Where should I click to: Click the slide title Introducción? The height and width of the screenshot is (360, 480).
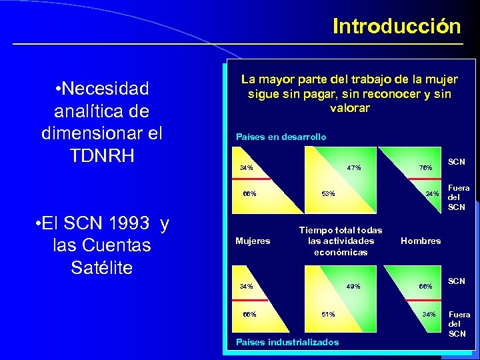coord(397,26)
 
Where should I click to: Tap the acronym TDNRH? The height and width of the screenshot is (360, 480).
coord(101,155)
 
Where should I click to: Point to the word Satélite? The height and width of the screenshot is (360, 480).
coord(101,267)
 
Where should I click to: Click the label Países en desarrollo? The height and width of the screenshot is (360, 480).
coord(281,137)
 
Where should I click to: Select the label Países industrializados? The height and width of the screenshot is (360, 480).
coord(287,342)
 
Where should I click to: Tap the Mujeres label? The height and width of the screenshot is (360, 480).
coord(253,241)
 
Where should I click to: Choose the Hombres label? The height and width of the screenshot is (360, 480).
coord(421,241)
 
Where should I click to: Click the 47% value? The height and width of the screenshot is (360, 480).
coord(353,167)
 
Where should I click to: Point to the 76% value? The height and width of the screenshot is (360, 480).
coord(425,167)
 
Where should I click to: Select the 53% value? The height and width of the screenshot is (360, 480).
coord(328,194)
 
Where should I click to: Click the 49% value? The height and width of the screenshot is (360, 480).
coord(353,287)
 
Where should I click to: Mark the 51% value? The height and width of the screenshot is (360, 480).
coord(328,314)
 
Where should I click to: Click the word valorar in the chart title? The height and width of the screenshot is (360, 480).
coord(349,108)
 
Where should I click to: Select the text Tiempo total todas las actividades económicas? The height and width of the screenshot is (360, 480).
coord(341,241)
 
